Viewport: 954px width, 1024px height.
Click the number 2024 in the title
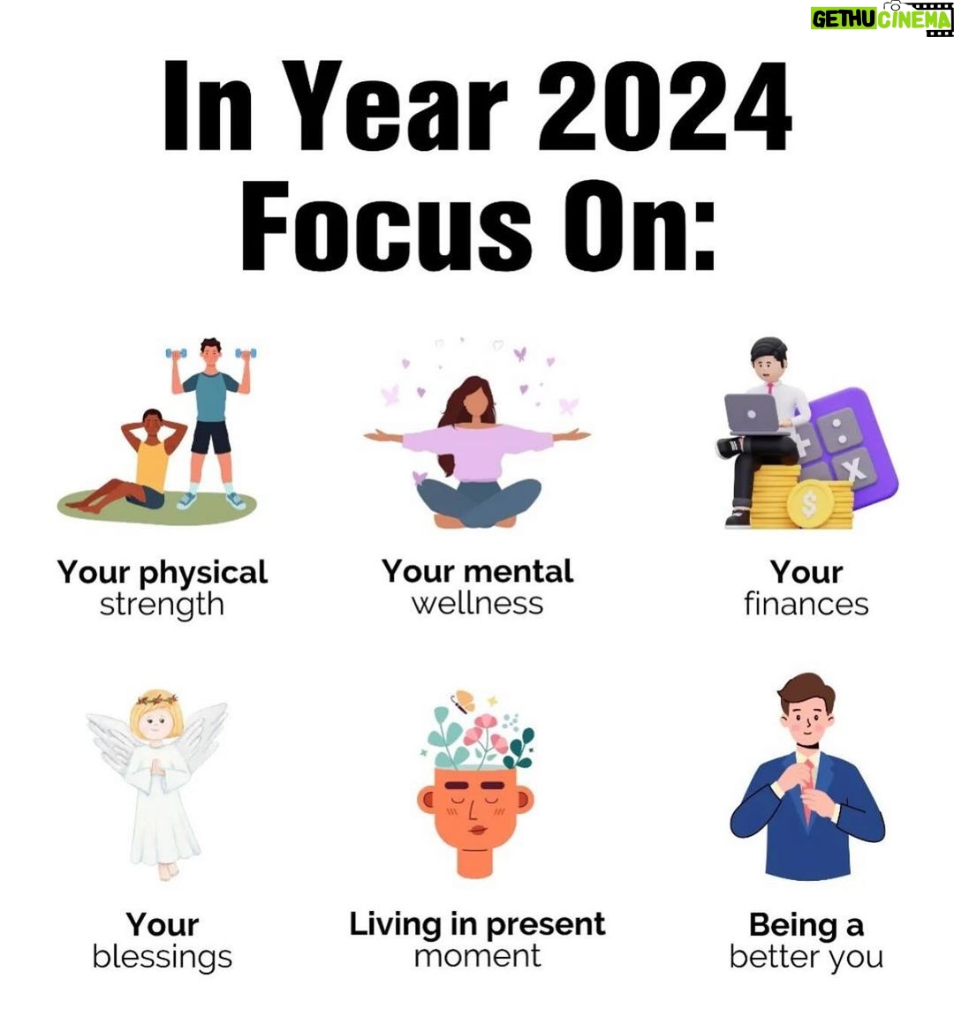(x=664, y=106)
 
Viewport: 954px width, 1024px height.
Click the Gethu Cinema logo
(x=882, y=19)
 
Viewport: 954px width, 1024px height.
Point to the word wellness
(x=477, y=603)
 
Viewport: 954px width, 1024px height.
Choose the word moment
(x=478, y=956)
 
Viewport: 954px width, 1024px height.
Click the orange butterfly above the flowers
(x=463, y=701)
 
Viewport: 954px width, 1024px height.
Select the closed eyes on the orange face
(x=476, y=800)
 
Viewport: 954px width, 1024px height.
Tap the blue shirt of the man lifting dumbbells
(x=209, y=396)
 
